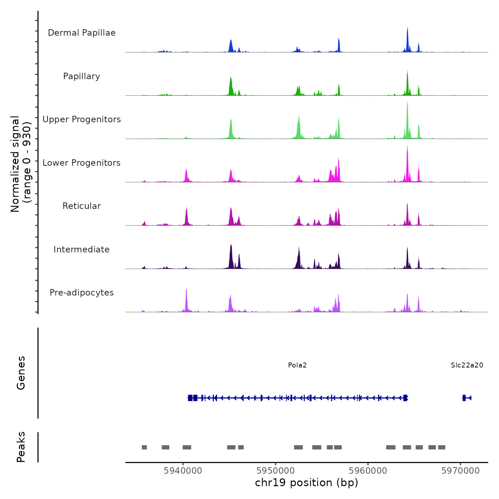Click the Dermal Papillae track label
(82, 33)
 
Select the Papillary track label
(82, 76)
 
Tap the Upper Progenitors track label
(82, 119)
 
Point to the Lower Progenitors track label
(82, 163)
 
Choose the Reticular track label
(82, 206)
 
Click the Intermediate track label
(82, 249)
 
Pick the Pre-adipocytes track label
(82, 293)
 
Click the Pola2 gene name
(297, 365)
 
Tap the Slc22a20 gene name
(467, 365)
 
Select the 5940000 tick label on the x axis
(183, 471)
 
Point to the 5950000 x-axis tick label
(276, 471)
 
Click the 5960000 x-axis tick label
(368, 471)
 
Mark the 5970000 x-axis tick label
(461, 471)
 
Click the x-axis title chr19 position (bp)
(307, 483)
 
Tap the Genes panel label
(21, 373)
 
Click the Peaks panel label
(21, 447)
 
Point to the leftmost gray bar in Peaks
(144, 447)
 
